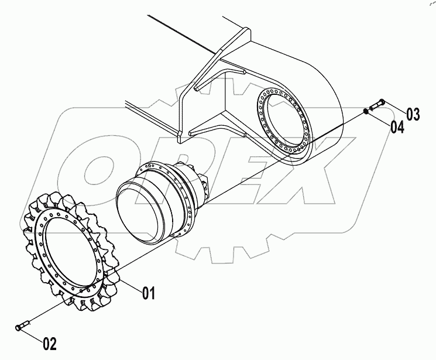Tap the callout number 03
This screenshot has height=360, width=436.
[413, 114]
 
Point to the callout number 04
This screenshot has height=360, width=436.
[397, 127]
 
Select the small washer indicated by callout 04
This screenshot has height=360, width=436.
[366, 110]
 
